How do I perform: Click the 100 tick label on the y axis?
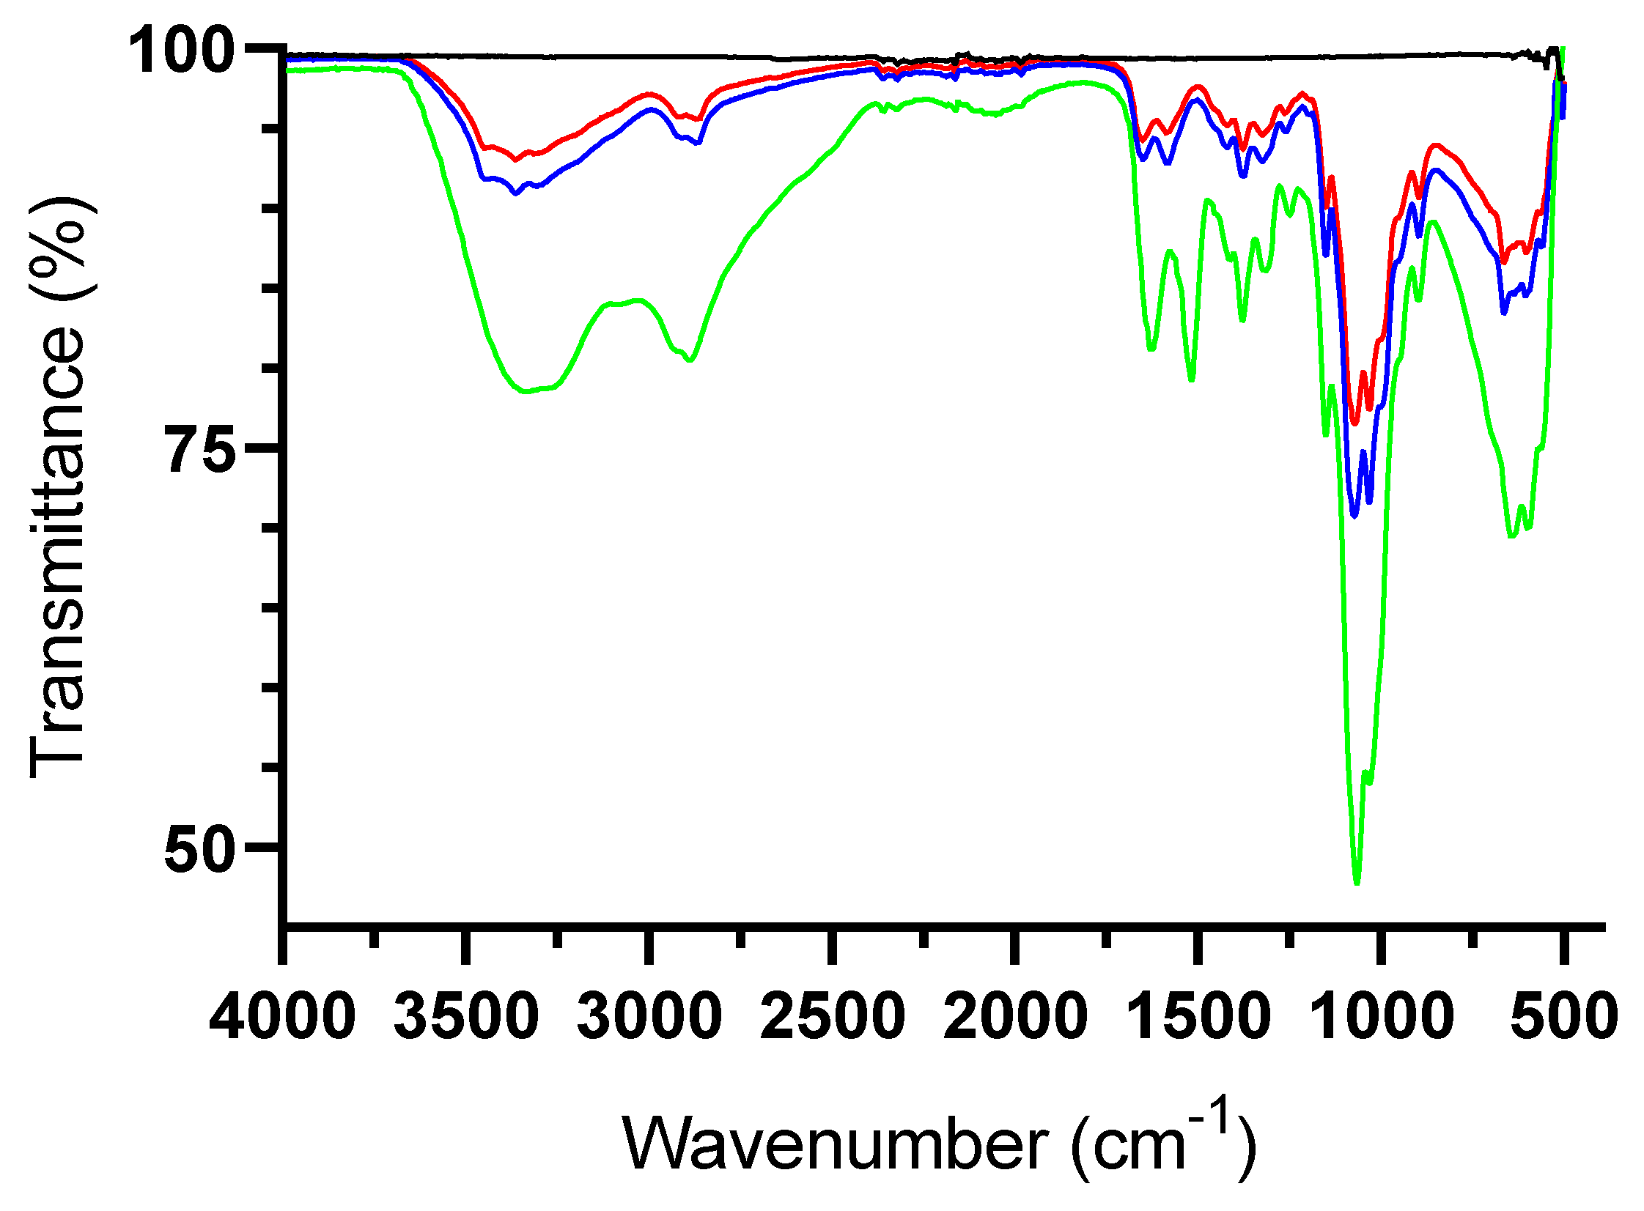[x=181, y=51]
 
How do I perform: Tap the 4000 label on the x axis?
[x=282, y=1016]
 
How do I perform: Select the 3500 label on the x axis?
[x=465, y=1016]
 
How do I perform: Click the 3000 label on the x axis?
[x=649, y=1016]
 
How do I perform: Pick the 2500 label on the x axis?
[x=833, y=1016]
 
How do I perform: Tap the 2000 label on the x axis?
[x=1015, y=1016]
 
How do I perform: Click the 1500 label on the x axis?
[x=1198, y=1016]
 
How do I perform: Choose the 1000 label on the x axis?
[x=1381, y=1016]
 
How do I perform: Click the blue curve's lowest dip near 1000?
[x=1354, y=516]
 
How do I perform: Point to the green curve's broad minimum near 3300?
[x=525, y=391]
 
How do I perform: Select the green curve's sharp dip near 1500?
[x=1191, y=379]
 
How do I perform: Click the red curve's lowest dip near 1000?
[x=1354, y=423]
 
